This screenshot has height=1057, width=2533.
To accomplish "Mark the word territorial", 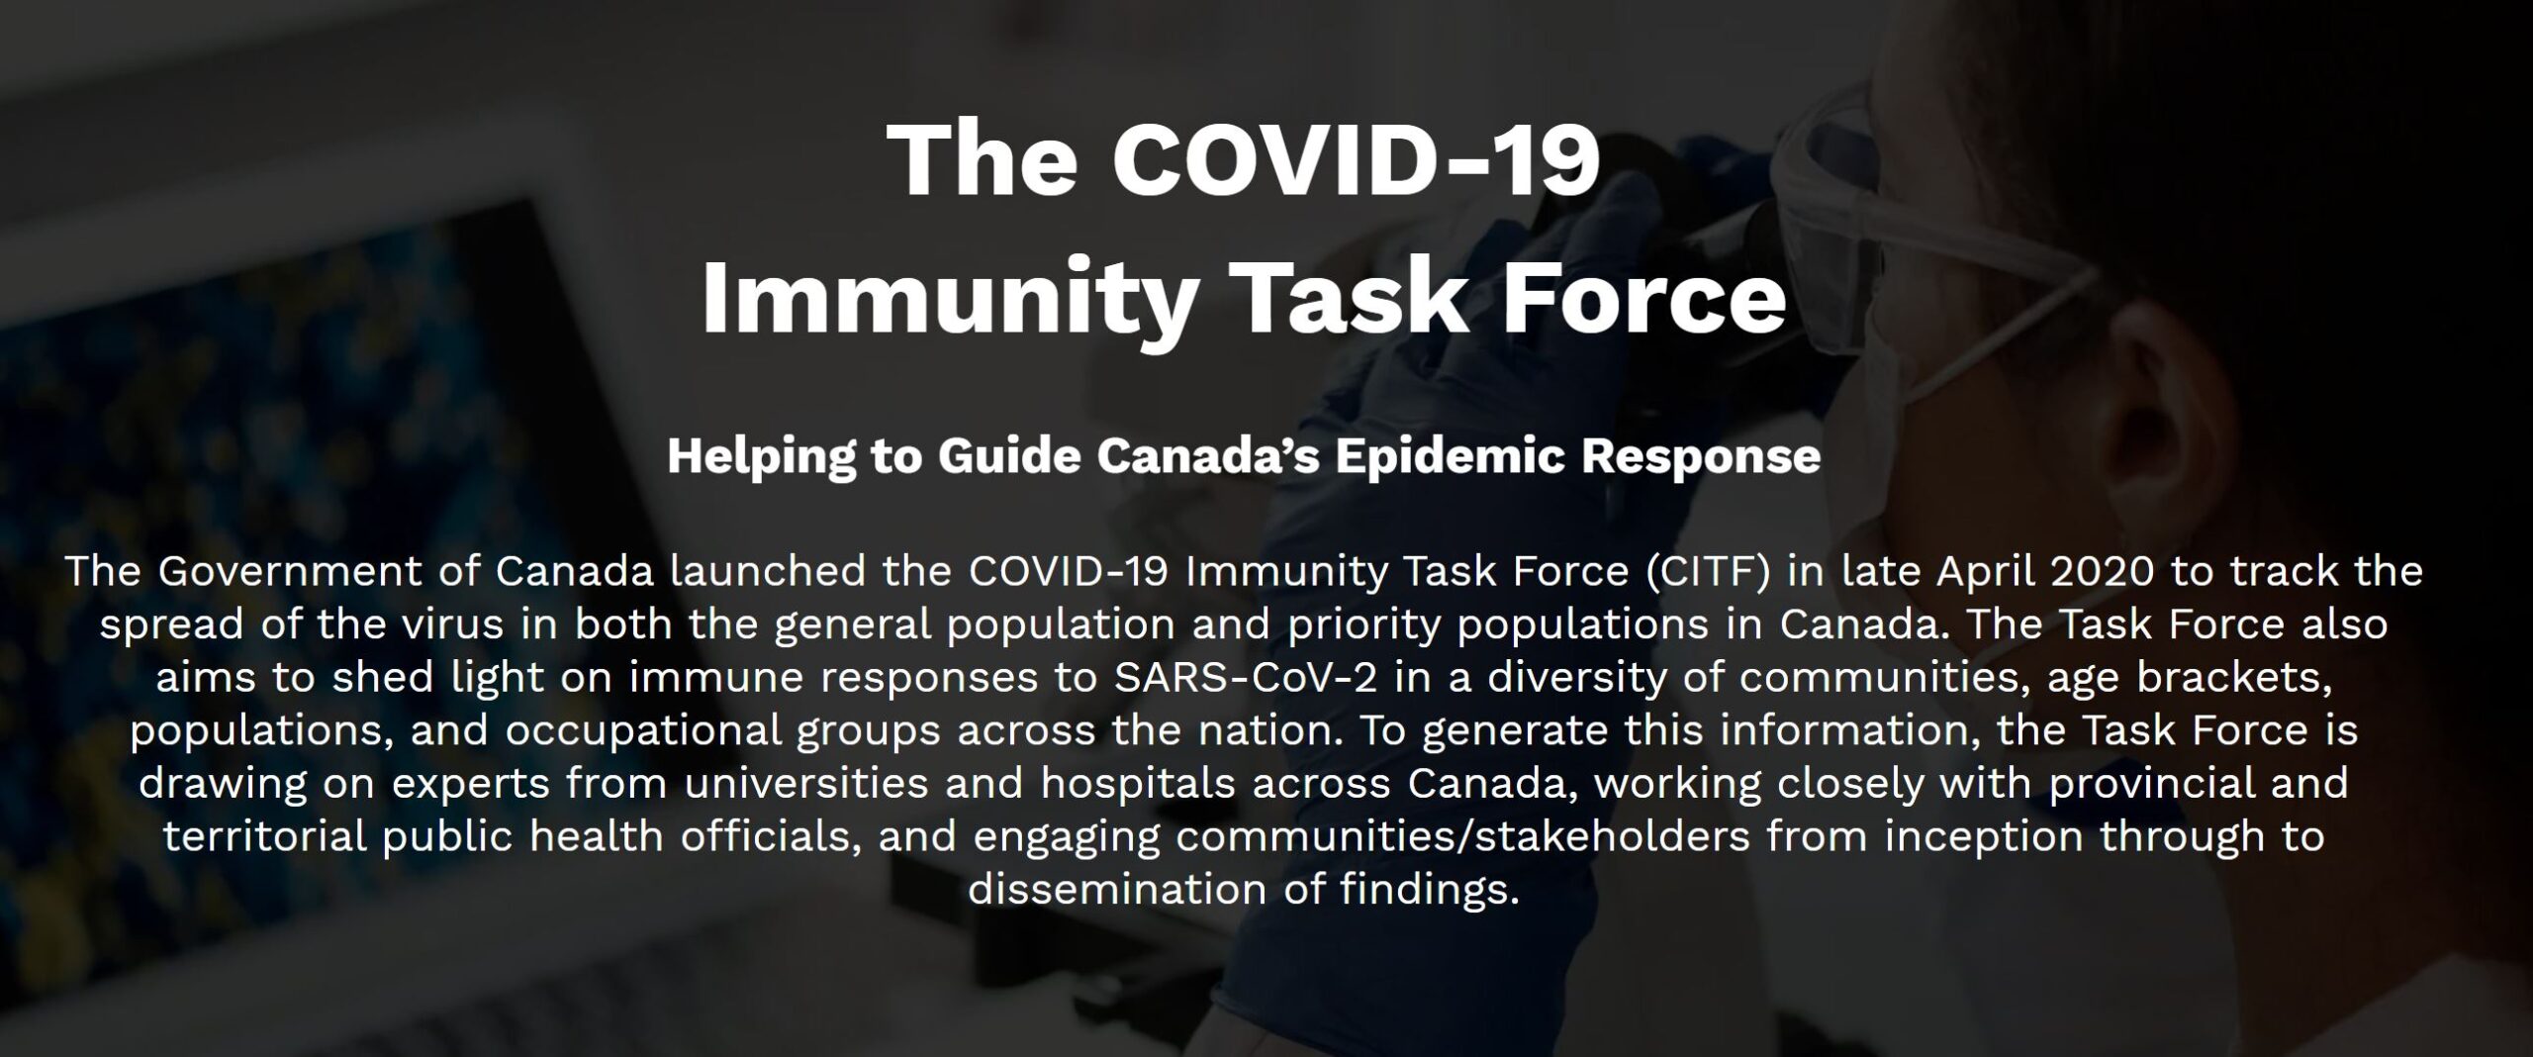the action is click(264, 837).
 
